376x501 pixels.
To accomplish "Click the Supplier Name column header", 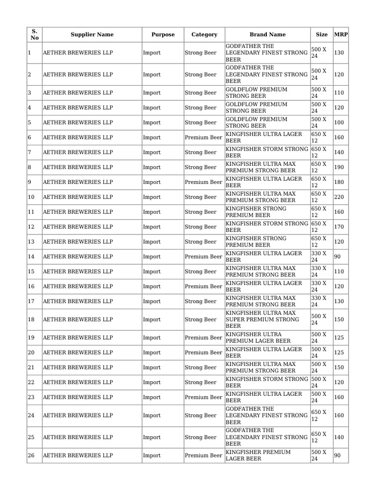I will point(92,35).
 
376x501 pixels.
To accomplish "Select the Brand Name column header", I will point(267,35).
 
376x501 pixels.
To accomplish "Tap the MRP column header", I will point(341,35).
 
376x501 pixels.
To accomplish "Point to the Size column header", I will point(322,35).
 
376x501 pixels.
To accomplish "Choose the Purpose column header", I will point(163,35).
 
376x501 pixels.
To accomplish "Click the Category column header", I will point(204,35).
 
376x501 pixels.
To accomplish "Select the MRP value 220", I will point(339,197).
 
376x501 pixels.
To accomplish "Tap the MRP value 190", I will point(339,167).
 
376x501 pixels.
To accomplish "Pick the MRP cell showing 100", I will point(339,123).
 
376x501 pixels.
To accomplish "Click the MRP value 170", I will point(339,227).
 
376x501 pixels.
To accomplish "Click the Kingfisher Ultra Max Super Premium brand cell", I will point(267,319).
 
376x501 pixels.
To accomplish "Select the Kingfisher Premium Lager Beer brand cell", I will point(267,455).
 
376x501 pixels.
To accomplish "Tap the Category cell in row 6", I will point(204,137).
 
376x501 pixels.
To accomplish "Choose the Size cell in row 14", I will point(321,257).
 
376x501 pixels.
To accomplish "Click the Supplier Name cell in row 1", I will point(92,53).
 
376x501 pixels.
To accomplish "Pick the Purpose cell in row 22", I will point(163,383).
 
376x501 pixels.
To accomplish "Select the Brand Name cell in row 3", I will point(267,93).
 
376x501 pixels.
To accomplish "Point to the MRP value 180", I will point(339,182).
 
